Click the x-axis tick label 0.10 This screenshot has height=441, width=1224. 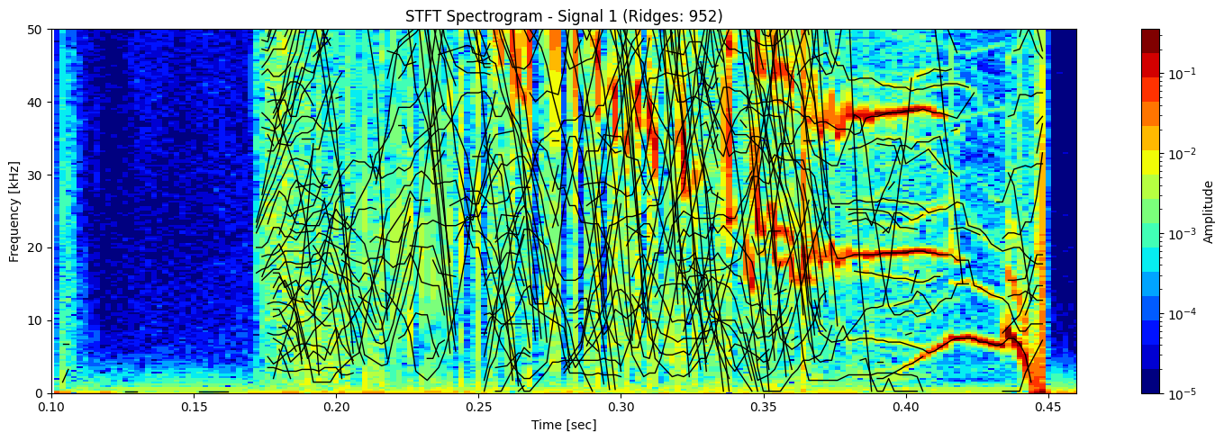tap(51, 408)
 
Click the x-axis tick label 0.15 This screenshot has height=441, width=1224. tap(194, 408)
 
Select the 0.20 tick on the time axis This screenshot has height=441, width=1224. tap(336, 408)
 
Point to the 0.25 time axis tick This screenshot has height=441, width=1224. tap(478, 408)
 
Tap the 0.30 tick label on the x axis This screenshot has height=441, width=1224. tap(621, 408)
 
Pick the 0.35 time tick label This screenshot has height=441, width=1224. tap(763, 408)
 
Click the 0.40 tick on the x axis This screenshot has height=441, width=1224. tap(905, 408)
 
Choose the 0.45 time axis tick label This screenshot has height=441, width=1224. tap(1047, 408)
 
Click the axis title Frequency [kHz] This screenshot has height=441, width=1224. tap(14, 211)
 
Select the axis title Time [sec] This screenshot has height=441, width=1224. tap(564, 425)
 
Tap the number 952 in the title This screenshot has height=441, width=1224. tap(703, 15)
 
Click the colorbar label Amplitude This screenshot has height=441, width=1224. tap(1209, 211)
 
